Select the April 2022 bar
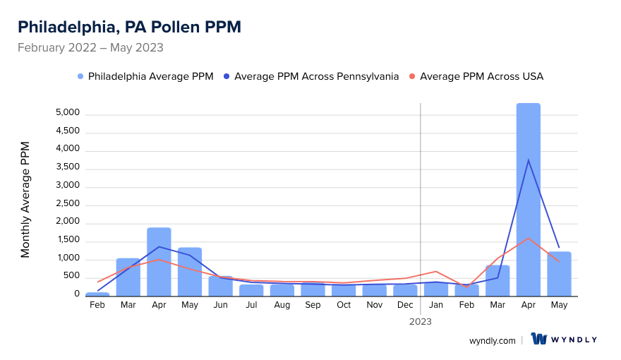coord(159,262)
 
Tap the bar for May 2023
coord(559,274)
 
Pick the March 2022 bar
coord(128,277)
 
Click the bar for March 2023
coord(498,281)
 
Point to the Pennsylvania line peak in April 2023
coord(528,160)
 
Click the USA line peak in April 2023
coord(528,238)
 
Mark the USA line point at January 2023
coord(436,271)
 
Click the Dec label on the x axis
coord(405,305)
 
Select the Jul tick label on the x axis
coord(251,305)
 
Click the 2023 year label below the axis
coord(421,321)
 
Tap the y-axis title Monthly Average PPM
coord(25,200)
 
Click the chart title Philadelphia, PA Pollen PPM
coord(129,27)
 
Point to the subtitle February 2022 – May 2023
coord(90,48)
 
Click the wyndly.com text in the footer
coord(492,340)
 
